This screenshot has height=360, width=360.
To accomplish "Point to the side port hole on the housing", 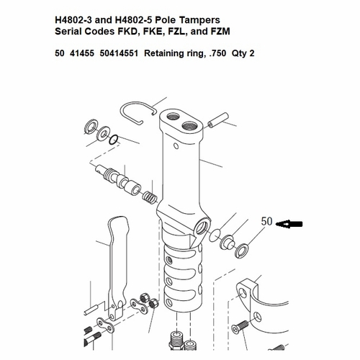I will (200, 228).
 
